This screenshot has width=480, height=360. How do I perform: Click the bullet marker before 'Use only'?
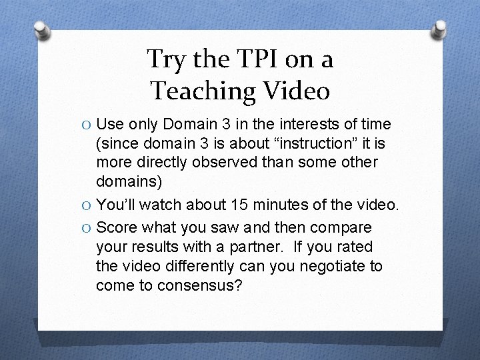pos(87,125)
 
